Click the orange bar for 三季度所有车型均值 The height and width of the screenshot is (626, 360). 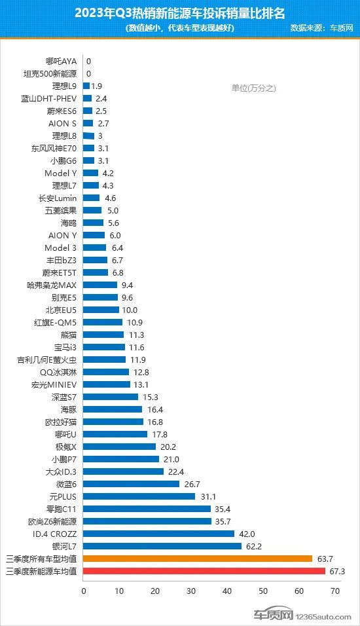(198, 559)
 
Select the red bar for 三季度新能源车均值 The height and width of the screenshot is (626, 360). (204, 571)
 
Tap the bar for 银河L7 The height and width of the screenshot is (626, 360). (162, 546)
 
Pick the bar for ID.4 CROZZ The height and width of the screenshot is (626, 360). (158, 534)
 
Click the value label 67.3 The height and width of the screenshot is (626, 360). (337, 571)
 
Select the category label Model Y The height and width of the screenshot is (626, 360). (61, 174)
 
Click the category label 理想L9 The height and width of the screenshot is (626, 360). (64, 86)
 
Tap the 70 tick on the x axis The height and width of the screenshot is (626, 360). (335, 591)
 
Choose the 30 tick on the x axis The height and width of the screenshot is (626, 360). (191, 591)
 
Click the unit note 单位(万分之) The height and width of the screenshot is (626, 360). (254, 88)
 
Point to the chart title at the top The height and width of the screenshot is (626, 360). (180, 13)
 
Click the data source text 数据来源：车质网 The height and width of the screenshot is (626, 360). (321, 28)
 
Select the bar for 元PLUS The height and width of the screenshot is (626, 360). (139, 496)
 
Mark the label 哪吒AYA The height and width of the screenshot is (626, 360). (61, 62)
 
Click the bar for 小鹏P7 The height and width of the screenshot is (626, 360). (121, 459)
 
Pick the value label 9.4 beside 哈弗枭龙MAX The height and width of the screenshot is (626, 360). (128, 285)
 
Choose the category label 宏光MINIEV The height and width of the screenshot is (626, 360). (54, 385)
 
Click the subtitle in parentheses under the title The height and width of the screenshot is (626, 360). (179, 28)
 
